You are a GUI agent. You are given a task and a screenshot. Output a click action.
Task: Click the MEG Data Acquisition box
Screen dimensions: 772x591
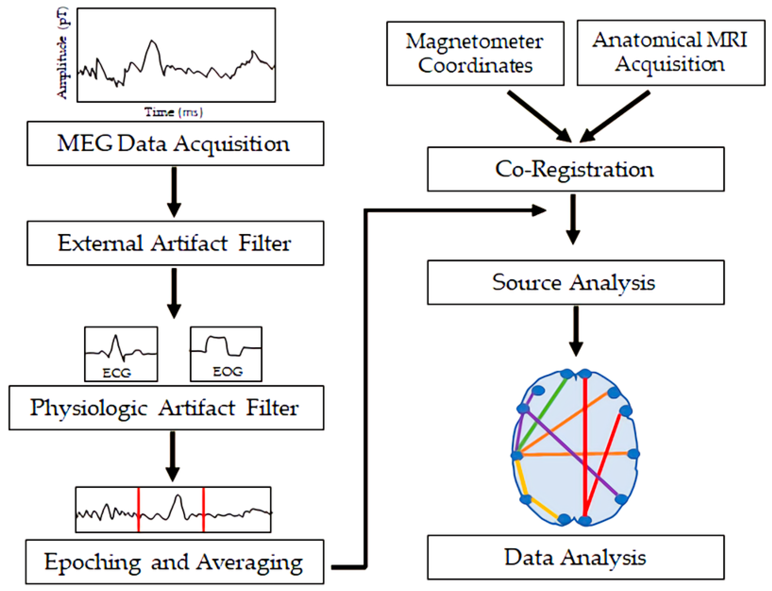point(175,144)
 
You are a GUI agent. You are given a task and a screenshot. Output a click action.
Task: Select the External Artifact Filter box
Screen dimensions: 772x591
point(175,243)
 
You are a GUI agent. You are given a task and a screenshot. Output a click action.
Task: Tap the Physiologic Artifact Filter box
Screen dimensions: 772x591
point(166,408)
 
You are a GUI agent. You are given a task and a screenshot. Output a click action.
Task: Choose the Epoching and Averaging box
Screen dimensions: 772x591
point(174,562)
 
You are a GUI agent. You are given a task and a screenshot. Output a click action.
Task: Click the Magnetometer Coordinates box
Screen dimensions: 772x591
point(475,54)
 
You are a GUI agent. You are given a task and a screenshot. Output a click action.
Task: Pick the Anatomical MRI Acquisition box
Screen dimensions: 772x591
point(671,53)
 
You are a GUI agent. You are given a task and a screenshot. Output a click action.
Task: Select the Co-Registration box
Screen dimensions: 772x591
point(576,169)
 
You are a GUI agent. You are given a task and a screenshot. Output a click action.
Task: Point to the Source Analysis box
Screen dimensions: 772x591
point(576,282)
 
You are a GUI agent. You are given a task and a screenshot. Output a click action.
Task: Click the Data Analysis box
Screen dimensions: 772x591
point(576,557)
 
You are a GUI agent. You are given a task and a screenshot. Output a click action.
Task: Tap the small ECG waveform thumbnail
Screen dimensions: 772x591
point(121,354)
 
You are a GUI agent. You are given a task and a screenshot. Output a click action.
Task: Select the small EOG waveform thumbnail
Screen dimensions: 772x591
point(226,354)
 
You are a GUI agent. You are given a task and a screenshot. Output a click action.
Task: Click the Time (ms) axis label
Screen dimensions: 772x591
point(174,112)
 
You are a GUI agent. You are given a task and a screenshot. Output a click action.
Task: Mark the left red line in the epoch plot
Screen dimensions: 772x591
point(138,509)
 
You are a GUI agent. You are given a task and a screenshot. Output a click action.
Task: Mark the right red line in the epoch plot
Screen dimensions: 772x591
point(204,509)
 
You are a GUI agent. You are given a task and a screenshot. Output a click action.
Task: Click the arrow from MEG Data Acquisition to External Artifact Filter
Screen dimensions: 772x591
point(174,192)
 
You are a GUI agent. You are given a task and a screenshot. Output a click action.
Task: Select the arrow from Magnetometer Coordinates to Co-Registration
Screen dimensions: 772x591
point(539,116)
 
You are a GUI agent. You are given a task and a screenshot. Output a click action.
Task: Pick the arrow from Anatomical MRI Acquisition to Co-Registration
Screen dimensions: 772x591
point(614,116)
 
